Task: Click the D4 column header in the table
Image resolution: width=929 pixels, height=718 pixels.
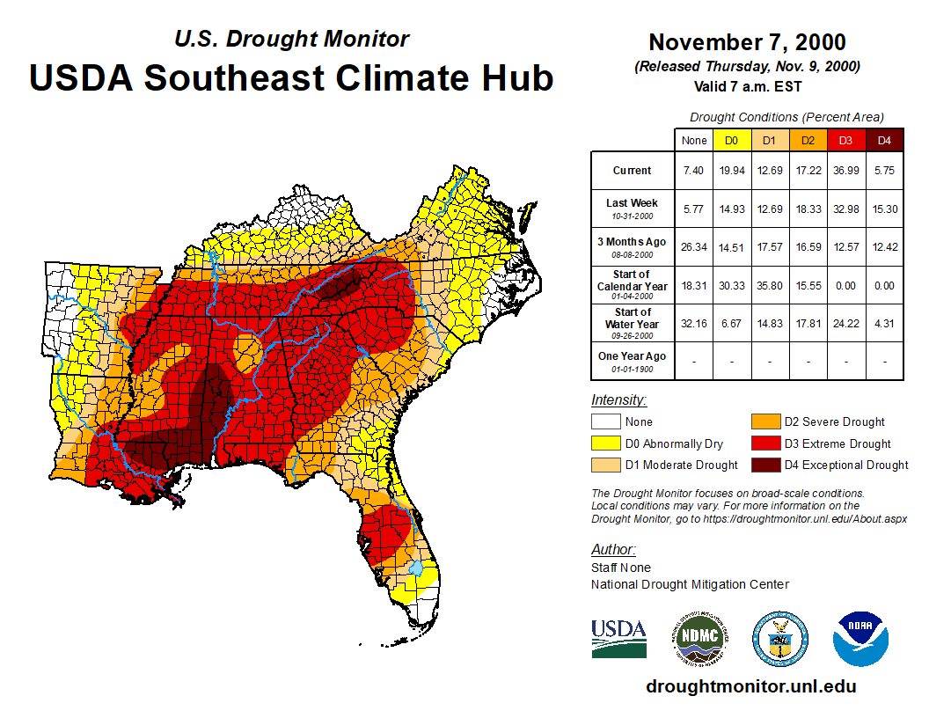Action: coord(885,140)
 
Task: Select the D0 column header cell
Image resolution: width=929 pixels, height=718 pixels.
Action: coord(731,140)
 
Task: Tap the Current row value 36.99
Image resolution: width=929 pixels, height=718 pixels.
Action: coord(845,171)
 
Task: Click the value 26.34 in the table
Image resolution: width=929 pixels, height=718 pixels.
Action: coord(693,246)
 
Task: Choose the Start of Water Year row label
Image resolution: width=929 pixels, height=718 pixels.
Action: coord(632,318)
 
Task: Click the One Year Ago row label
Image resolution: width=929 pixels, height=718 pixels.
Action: coord(632,356)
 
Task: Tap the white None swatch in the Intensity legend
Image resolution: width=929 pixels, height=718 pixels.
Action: coord(605,422)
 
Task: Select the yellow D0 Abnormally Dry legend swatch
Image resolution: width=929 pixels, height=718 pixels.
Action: coord(605,443)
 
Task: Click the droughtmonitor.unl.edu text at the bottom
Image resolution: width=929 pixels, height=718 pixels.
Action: coord(750,686)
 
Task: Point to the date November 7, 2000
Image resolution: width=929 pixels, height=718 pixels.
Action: coord(747,42)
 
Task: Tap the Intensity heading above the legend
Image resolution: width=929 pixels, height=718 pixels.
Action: coord(618,399)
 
